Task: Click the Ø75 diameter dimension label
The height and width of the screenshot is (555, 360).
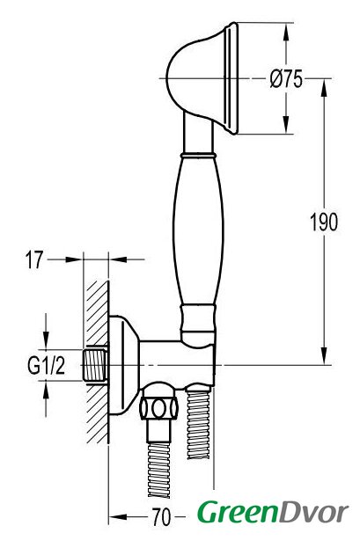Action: click(286, 78)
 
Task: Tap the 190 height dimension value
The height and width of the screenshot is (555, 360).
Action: click(324, 223)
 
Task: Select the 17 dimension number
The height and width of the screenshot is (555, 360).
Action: click(34, 259)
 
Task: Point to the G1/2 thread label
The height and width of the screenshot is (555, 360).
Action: click(46, 365)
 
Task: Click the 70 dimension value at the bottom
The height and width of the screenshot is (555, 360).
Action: click(161, 517)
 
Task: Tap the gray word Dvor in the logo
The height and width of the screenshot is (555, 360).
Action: click(314, 512)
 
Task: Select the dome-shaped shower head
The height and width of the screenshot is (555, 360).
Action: click(202, 78)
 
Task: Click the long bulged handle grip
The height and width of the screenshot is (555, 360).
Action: click(198, 230)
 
